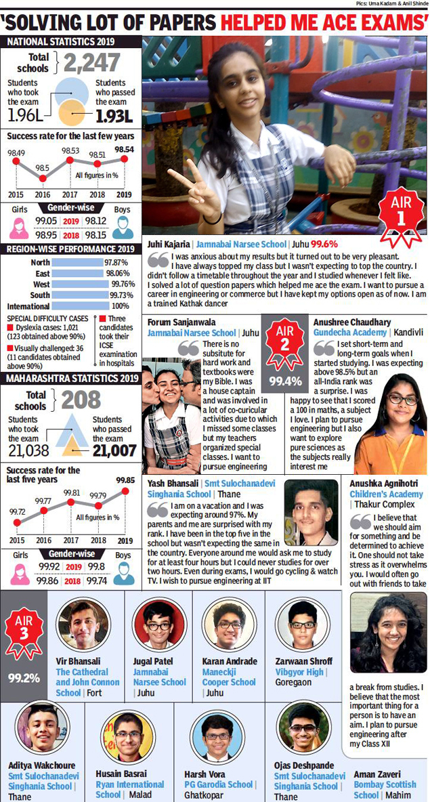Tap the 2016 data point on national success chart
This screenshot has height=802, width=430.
point(42,178)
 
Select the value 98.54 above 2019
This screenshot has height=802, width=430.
point(124,149)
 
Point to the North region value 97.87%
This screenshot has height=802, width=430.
point(116,262)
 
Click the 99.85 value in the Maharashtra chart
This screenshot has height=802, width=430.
point(125,480)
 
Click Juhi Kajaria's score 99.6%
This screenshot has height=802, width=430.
point(324,243)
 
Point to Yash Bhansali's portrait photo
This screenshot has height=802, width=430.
point(311,513)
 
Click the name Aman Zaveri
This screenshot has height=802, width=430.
point(377,774)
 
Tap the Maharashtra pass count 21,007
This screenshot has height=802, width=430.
point(110,450)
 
